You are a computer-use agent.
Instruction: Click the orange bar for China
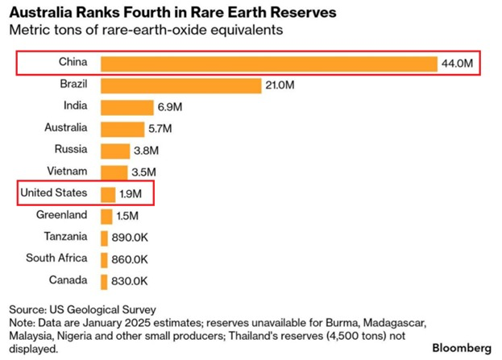(x=268, y=64)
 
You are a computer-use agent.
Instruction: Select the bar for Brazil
(x=181, y=85)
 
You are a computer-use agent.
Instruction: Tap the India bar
(x=127, y=107)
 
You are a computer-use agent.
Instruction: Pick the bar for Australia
(x=122, y=129)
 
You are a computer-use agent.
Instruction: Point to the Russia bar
(x=114, y=151)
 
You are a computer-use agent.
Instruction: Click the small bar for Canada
(x=104, y=282)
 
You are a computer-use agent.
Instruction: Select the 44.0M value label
(x=457, y=64)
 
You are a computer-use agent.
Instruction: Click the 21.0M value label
(x=282, y=85)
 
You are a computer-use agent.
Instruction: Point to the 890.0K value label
(x=130, y=238)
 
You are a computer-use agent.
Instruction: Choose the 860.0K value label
(x=130, y=260)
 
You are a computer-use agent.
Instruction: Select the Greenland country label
(x=62, y=215)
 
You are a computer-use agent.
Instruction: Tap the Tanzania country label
(x=64, y=237)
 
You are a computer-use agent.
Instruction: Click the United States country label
(x=53, y=193)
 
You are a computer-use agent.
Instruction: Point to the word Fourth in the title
(x=150, y=14)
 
